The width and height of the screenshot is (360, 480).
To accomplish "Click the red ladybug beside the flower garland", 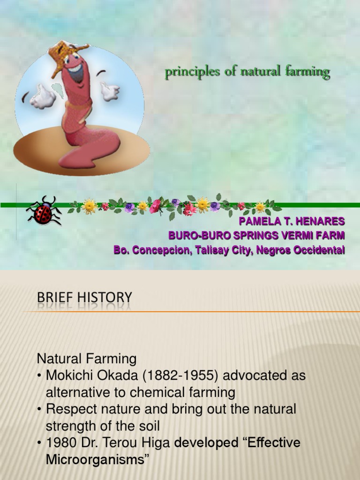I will pos(44,212).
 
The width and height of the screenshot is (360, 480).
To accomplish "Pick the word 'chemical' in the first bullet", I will pos(165,392).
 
